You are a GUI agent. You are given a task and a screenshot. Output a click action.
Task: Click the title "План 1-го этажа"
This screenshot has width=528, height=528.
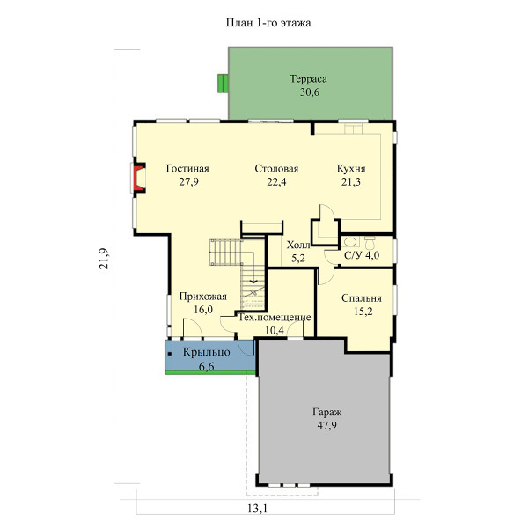pos(268,23)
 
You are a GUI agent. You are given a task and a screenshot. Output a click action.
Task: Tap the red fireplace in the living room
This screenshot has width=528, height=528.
pos(138,178)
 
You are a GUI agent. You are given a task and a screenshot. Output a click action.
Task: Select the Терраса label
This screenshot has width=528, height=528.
pos(309,79)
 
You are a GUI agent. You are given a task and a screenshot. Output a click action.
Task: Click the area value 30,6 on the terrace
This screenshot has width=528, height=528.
pos(310,92)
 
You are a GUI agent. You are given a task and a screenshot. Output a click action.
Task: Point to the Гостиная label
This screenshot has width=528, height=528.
pos(187,168)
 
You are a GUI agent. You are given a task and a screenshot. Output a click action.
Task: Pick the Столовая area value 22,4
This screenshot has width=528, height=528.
pos(276,182)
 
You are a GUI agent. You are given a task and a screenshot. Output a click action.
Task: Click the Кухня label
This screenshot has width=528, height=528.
pos(351,168)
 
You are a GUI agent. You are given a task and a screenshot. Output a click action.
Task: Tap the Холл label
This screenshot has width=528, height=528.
pos(298,246)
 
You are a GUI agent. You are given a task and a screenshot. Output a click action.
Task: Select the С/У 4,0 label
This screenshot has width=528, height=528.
pos(362,255)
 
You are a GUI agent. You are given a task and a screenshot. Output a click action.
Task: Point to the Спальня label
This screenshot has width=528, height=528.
pos(362,298)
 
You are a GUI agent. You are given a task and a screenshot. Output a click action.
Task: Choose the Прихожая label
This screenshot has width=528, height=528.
pos(203,297)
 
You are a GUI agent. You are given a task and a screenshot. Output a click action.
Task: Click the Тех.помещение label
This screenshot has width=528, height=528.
pos(275,318)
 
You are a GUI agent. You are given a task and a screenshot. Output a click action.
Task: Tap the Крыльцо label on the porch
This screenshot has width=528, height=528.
pos(207,353)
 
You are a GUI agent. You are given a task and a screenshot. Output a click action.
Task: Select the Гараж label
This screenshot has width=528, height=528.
pos(327,412)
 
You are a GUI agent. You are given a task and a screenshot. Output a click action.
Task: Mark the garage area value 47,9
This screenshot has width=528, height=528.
pos(327,426)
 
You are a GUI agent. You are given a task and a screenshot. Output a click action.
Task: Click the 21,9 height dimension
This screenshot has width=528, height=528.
pos(104,258)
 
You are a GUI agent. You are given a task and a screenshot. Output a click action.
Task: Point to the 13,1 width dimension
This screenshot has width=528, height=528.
pos(257,509)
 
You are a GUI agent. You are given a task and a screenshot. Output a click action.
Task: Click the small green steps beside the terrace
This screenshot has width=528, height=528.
pos(223,84)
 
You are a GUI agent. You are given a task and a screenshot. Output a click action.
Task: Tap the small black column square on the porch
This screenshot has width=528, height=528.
pos(170,354)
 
